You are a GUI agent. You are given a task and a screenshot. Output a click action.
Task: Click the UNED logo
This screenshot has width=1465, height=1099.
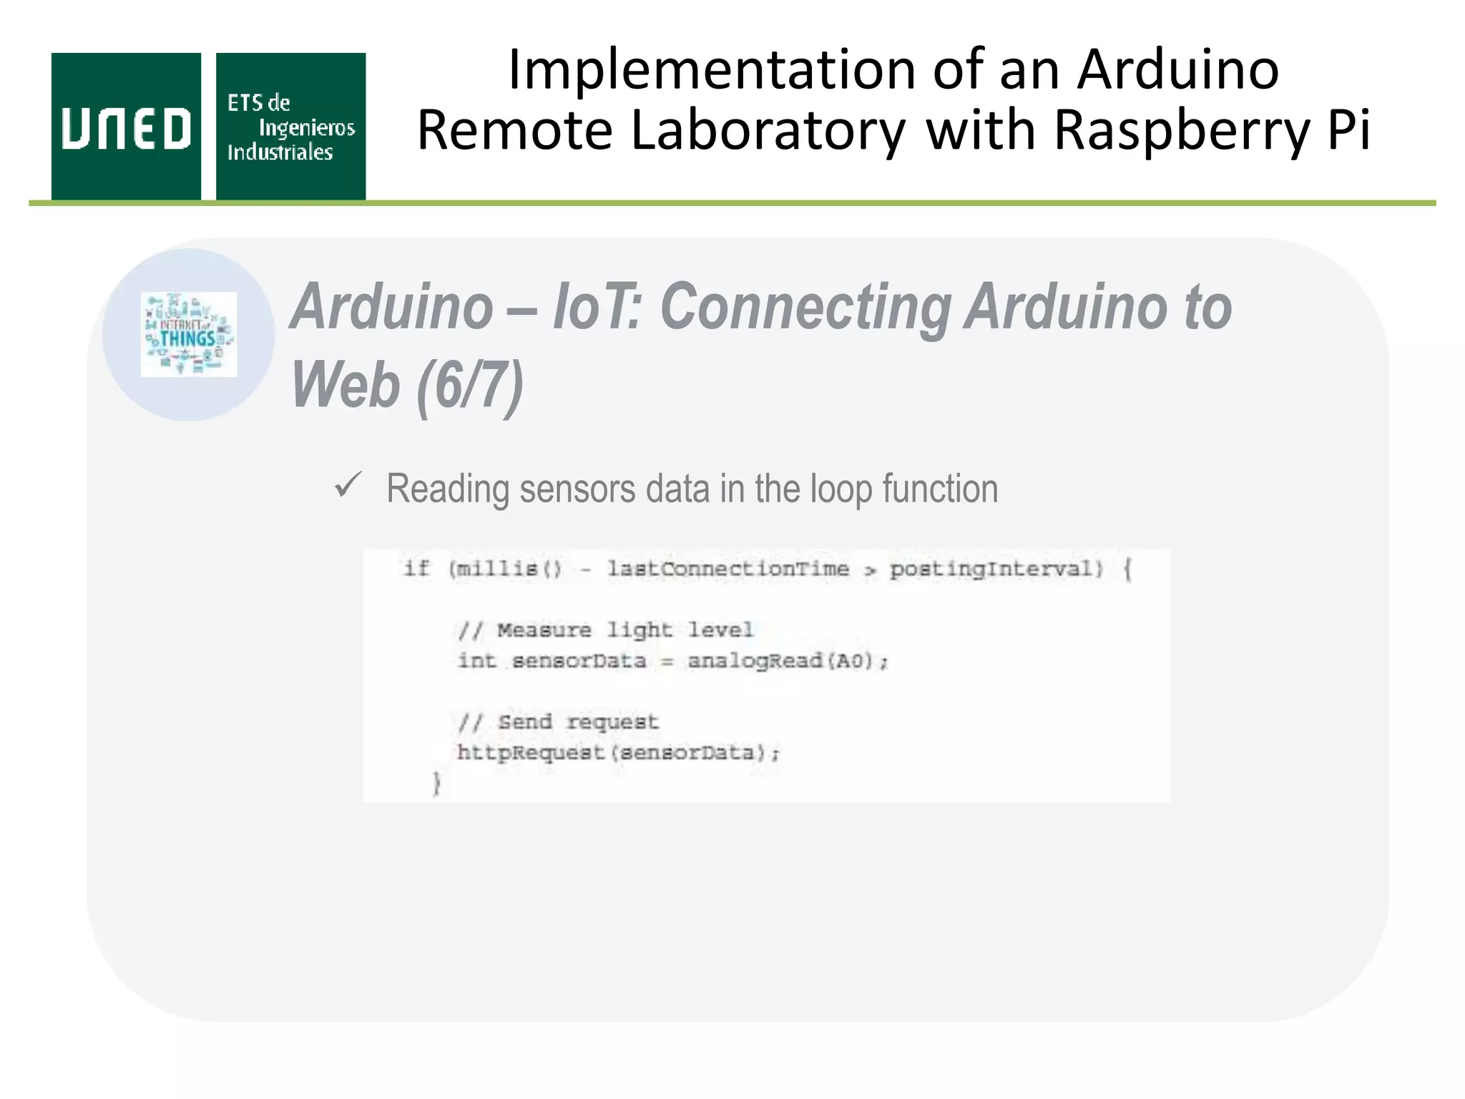click(x=126, y=127)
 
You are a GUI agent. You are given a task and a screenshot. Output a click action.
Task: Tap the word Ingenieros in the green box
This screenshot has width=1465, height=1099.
click(x=306, y=128)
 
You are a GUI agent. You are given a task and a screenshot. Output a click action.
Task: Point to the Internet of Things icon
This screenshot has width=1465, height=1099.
click(x=189, y=334)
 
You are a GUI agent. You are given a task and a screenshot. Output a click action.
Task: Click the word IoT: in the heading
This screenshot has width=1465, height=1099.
click(x=597, y=307)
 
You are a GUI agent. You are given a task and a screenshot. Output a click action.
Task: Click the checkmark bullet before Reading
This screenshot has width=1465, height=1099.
click(x=348, y=486)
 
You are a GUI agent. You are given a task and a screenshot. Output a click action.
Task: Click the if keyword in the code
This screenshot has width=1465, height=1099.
click(x=416, y=569)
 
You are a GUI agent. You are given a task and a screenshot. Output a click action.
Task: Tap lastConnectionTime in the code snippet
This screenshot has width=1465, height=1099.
click(x=728, y=569)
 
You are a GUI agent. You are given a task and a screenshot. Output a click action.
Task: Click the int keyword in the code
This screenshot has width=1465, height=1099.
click(x=476, y=660)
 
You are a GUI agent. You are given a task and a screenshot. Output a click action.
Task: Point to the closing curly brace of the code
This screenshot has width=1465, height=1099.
click(x=436, y=783)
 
